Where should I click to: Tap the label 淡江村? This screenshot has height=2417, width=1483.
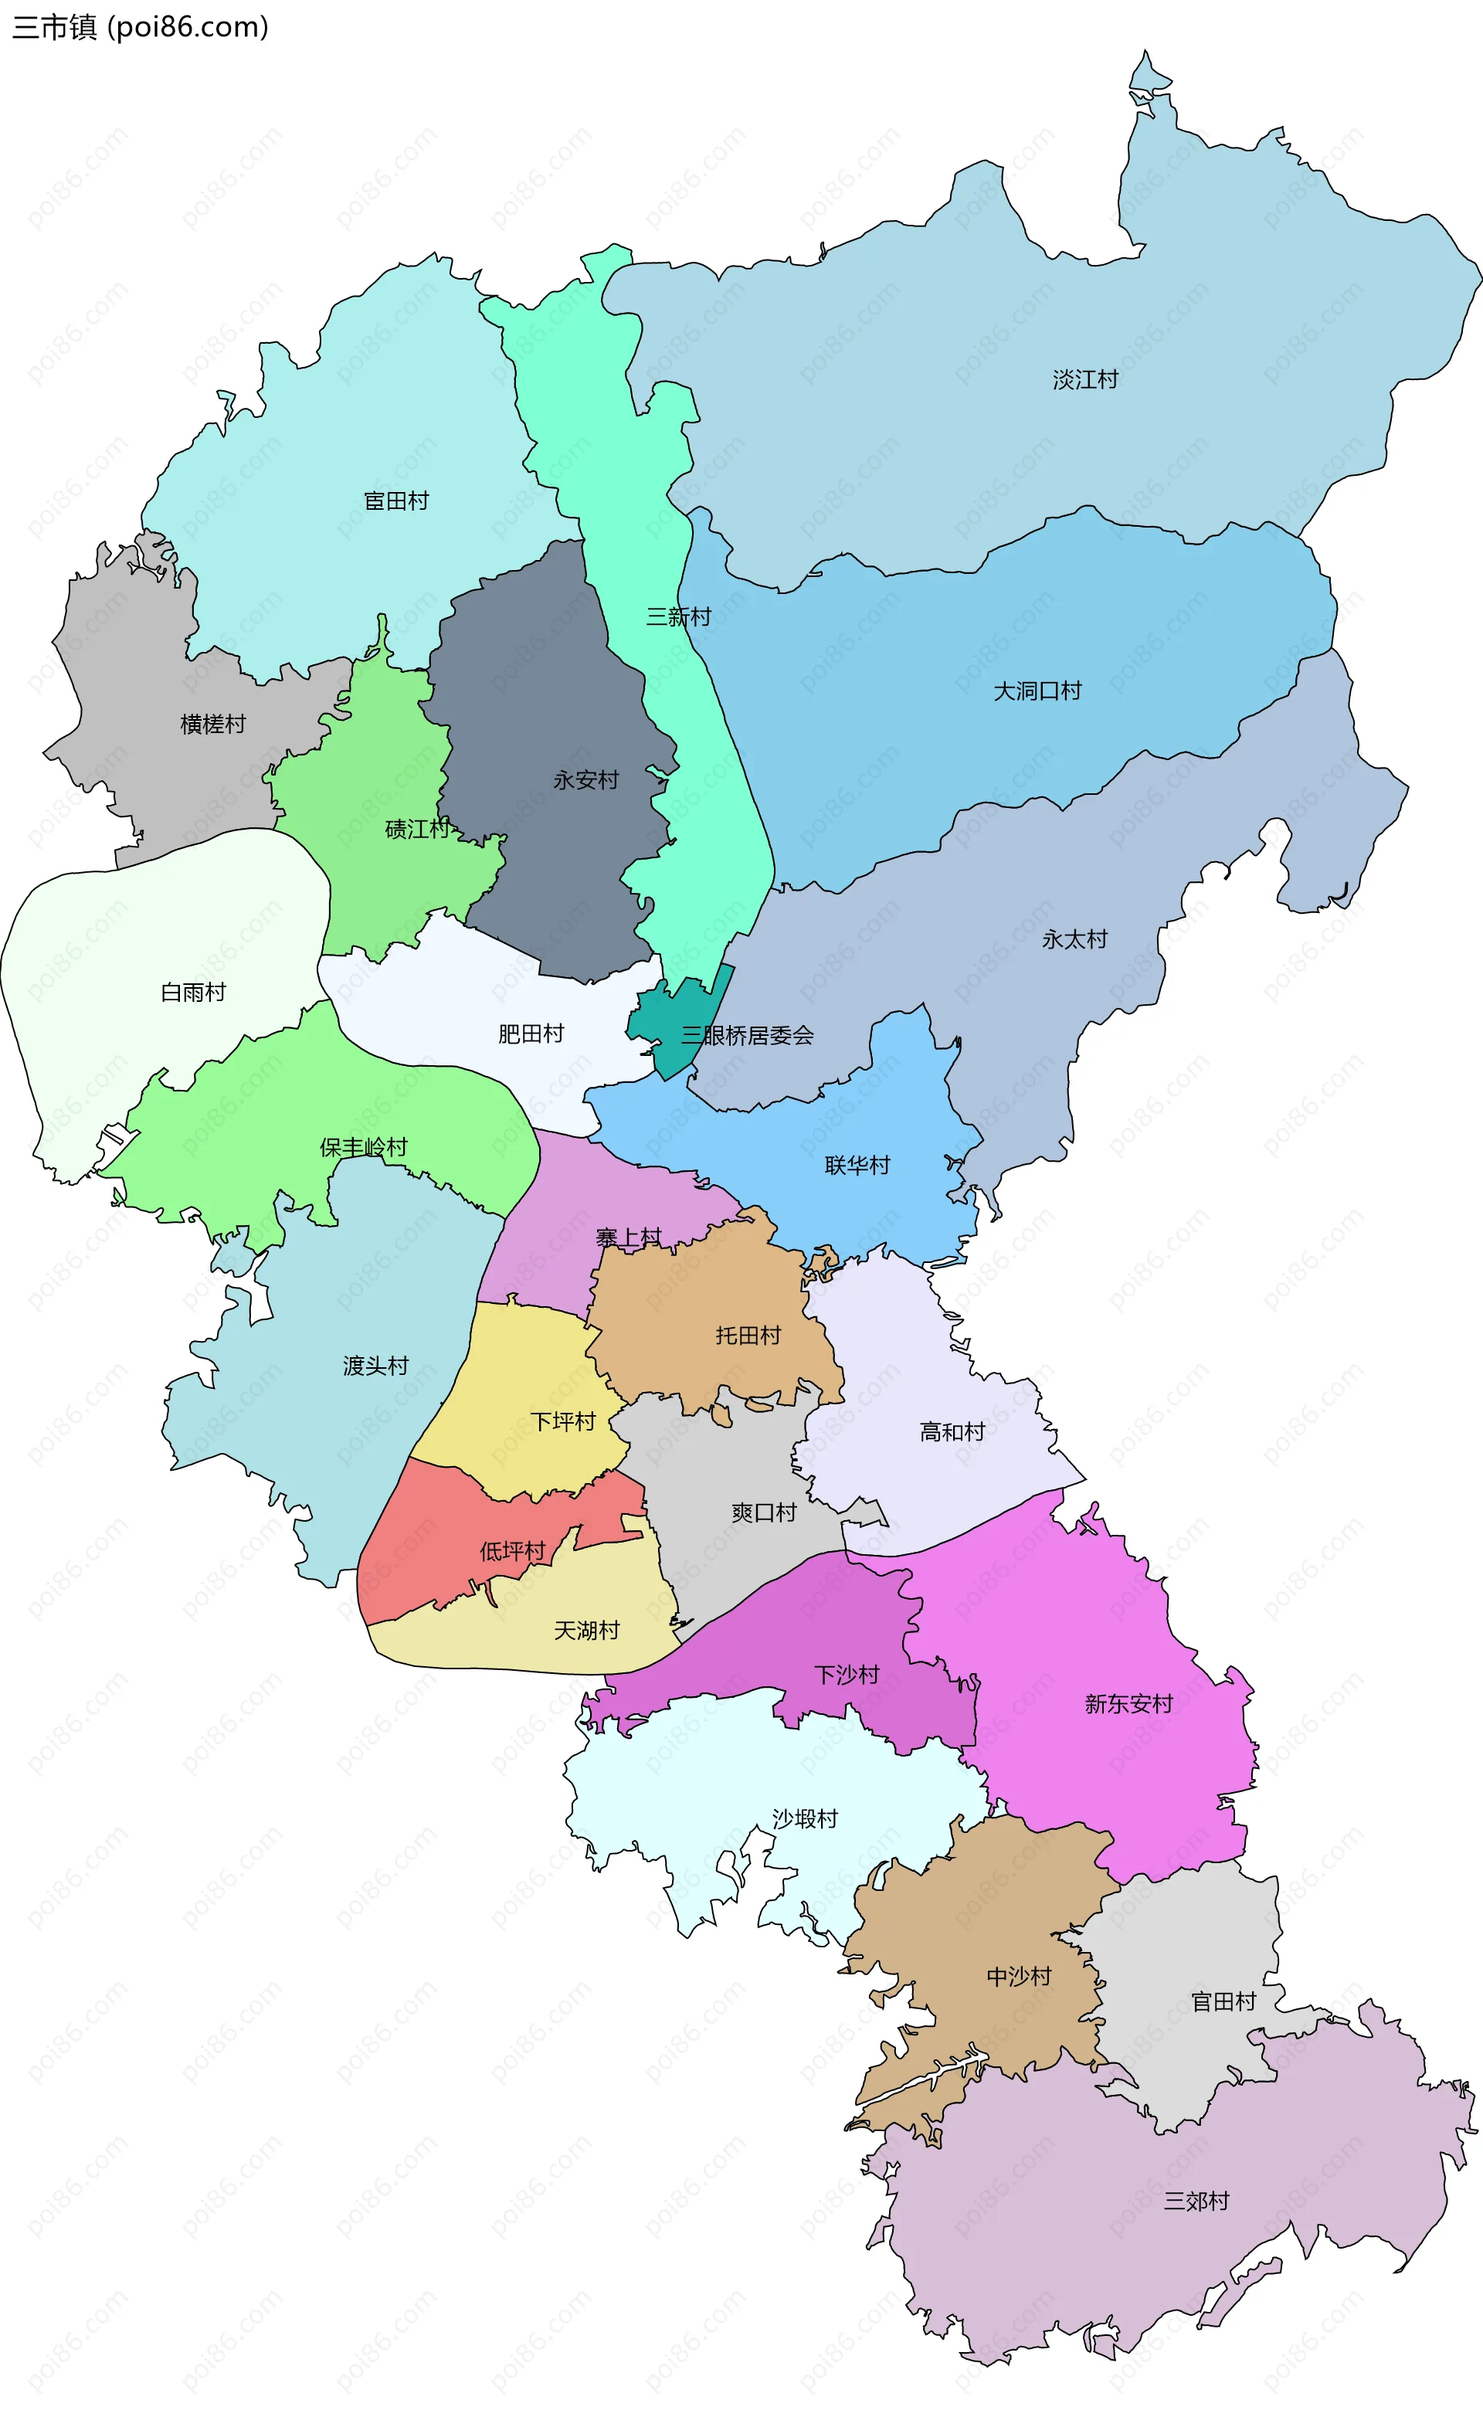click(x=1084, y=379)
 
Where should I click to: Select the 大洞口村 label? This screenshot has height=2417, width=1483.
click(x=1037, y=691)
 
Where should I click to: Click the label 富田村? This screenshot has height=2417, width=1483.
click(x=396, y=501)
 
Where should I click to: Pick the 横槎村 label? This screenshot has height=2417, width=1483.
click(x=213, y=724)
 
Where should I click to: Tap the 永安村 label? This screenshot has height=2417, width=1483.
click(x=585, y=780)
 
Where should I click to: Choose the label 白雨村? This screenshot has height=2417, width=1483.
click(x=193, y=992)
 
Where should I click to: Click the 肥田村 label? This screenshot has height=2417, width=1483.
click(x=531, y=1033)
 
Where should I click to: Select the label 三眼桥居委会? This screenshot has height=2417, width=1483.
click(x=748, y=1035)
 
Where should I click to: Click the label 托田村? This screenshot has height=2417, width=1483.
click(x=748, y=1334)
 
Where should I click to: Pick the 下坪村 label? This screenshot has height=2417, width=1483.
click(x=563, y=1421)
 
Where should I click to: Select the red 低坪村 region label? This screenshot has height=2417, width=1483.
click(x=512, y=1551)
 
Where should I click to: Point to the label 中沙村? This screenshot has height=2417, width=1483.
click(x=1018, y=1976)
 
